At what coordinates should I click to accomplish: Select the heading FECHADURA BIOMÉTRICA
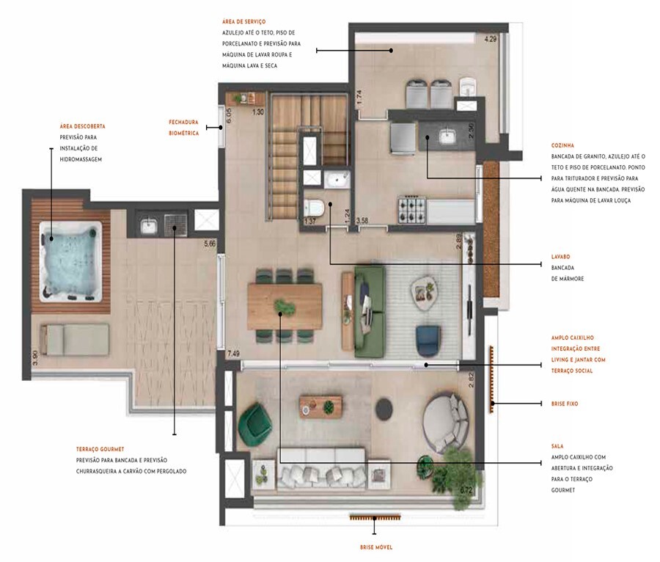point(183,127)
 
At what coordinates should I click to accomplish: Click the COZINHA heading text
point(564,145)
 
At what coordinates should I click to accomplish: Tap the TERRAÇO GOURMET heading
point(100,449)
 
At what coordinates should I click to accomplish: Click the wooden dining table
point(285,305)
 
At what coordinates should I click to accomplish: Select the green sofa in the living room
point(370,311)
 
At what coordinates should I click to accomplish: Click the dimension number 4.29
point(490,39)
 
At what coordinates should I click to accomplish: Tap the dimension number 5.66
point(209,244)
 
